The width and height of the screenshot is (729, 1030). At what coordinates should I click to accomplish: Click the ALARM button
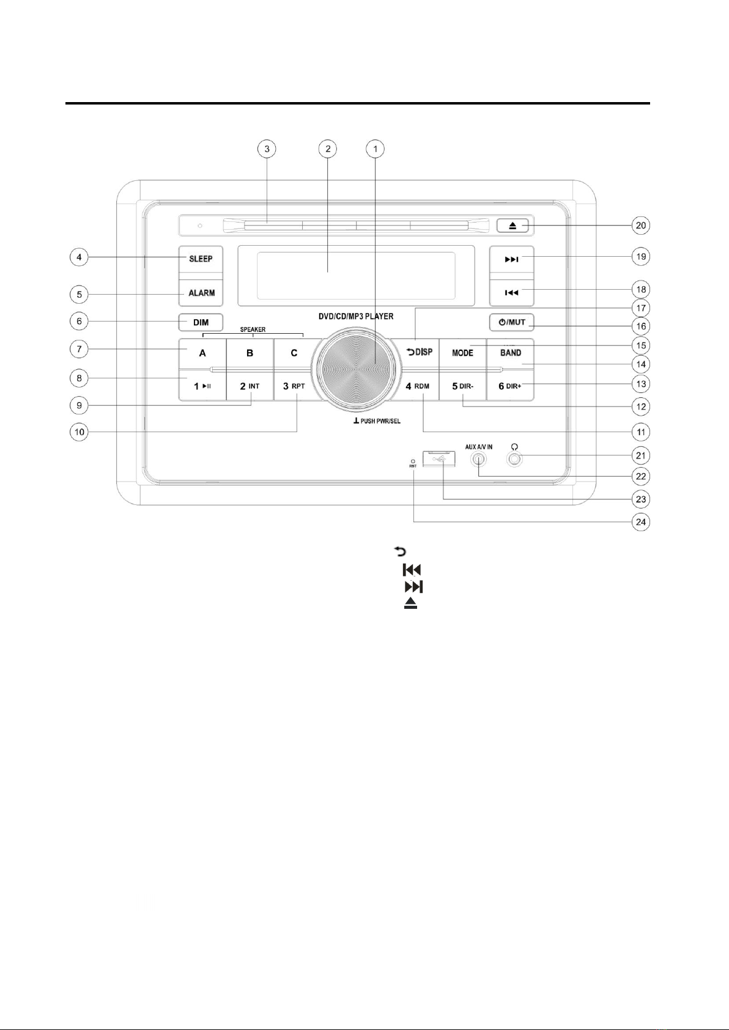pos(201,293)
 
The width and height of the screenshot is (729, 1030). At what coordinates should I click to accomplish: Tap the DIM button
pos(201,322)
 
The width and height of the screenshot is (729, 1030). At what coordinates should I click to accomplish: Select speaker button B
pos(250,353)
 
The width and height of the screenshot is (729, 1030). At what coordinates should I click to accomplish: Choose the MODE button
pos(462,353)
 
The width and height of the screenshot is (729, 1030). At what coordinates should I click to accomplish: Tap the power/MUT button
pos(512,322)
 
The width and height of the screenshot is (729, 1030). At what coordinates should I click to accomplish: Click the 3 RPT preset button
pos(294,386)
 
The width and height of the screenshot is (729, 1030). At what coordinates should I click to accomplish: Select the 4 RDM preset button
pos(418,386)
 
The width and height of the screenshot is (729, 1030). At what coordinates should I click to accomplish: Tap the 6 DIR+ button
pos(510,386)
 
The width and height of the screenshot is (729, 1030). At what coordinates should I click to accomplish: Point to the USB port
pos(439,459)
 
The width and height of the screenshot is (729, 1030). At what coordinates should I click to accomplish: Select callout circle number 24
pos(641,522)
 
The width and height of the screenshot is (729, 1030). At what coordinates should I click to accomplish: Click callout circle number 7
pos(79,349)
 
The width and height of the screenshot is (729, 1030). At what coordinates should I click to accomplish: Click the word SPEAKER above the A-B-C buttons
pos(253,329)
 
